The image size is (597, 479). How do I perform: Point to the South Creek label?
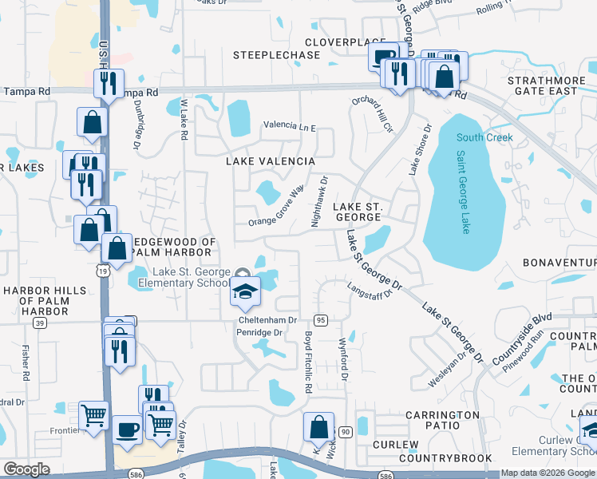coord(484,137)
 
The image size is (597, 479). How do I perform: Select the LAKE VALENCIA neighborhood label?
coord(271,161)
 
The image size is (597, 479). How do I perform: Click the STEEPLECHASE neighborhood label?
coord(276,55)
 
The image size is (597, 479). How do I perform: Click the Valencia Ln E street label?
coord(291,127)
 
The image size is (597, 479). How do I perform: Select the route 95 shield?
coord(322,319)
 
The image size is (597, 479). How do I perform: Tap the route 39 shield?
coord(39,323)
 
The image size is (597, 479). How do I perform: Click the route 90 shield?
coord(345,432)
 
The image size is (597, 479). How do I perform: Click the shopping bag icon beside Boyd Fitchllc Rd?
coord(318,427)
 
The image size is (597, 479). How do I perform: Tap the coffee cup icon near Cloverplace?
coord(384,57)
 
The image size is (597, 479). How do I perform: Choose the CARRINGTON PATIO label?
coord(442,415)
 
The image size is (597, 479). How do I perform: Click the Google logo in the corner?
coord(27,469)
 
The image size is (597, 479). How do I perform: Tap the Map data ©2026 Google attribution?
coord(548,473)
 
